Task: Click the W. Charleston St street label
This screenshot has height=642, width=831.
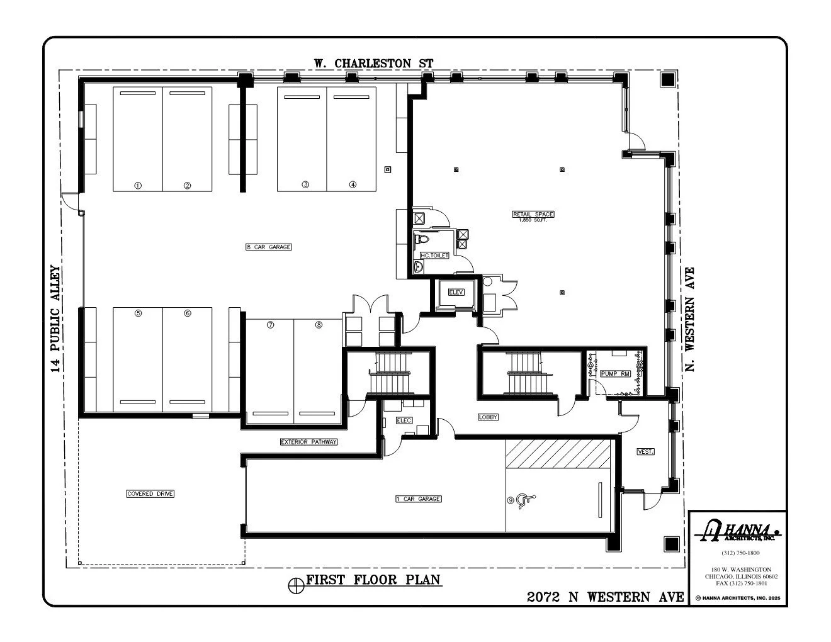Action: pyautogui.click(x=374, y=64)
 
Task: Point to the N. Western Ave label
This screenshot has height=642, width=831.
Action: pyautogui.click(x=690, y=318)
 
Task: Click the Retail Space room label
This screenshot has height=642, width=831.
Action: pyautogui.click(x=533, y=215)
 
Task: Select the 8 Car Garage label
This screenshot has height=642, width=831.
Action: pyautogui.click(x=269, y=247)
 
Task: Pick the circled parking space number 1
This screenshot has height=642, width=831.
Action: pyautogui.click(x=138, y=185)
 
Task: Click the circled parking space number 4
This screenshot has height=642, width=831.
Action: pyautogui.click(x=353, y=184)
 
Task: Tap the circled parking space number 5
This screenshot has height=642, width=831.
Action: pyautogui.click(x=138, y=313)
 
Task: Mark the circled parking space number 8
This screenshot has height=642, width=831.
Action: pyautogui.click(x=319, y=325)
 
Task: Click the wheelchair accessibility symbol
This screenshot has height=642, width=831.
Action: pyautogui.click(x=525, y=501)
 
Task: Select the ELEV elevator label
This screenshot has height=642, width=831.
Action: pyautogui.click(x=456, y=292)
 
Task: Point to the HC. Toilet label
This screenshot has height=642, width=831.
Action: pyautogui.click(x=434, y=256)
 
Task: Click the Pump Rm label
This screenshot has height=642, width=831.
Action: pyautogui.click(x=615, y=374)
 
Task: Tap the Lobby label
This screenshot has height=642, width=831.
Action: pyautogui.click(x=488, y=417)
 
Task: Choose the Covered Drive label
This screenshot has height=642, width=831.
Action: pyautogui.click(x=150, y=494)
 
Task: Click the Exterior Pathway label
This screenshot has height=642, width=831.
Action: pyautogui.click(x=308, y=442)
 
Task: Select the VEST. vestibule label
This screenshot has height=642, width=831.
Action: pyautogui.click(x=645, y=452)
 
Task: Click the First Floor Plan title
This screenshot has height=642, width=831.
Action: pyautogui.click(x=373, y=580)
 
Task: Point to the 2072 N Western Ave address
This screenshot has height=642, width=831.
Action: pyautogui.click(x=605, y=597)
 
